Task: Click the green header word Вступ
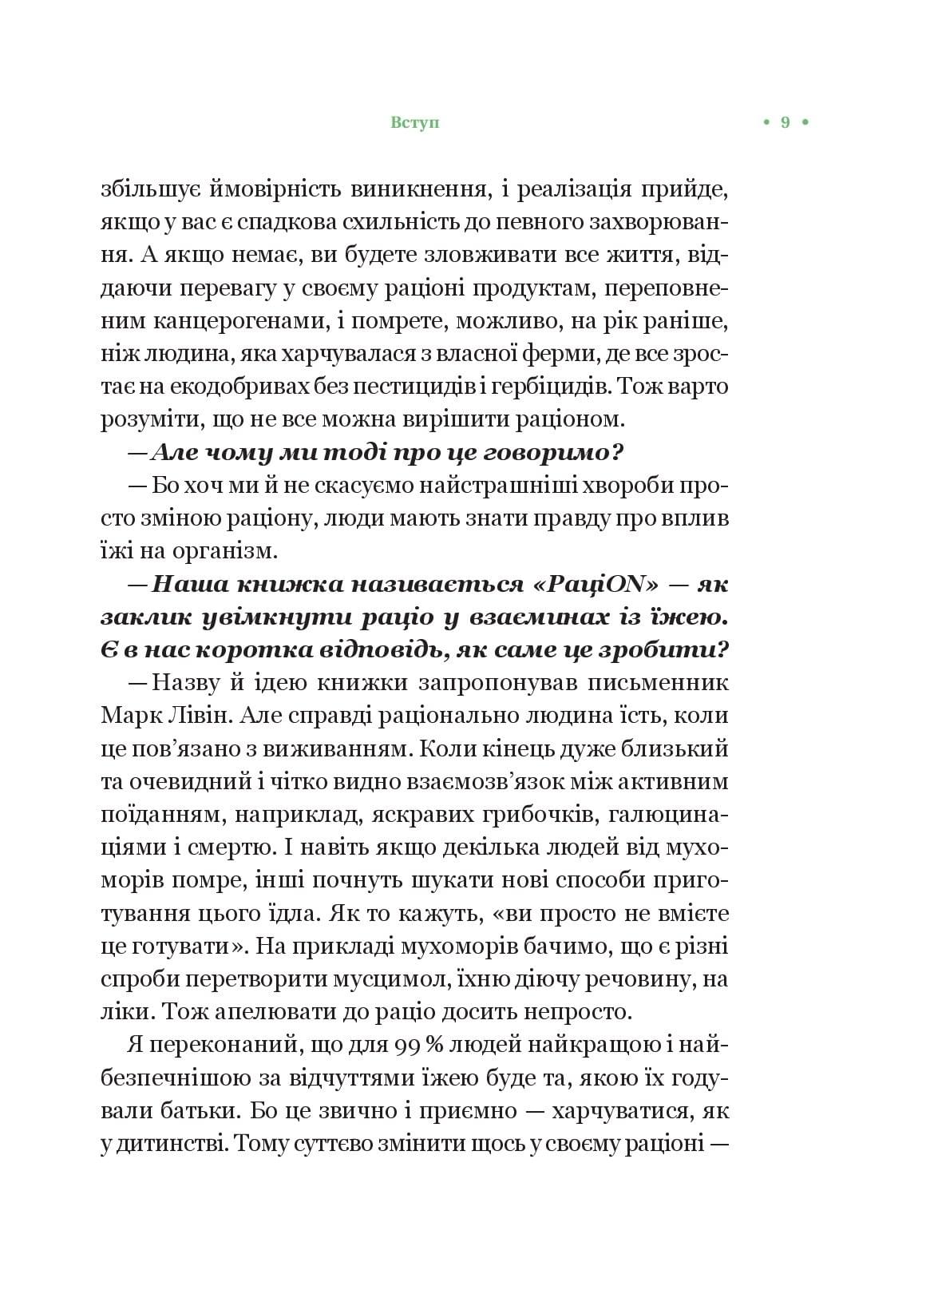pyautogui.click(x=416, y=123)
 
